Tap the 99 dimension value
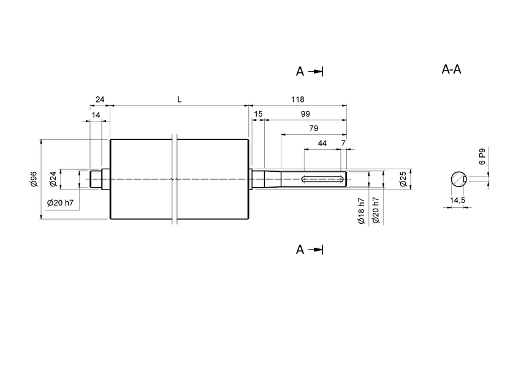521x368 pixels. [305, 114]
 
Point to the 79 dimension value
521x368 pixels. [313, 128]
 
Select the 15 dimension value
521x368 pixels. [257, 114]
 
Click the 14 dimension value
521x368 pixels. [96, 114]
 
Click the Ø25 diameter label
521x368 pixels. [403, 178]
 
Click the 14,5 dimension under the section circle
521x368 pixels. [457, 201]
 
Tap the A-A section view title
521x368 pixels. [451, 69]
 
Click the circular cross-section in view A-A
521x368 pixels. [458, 178]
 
